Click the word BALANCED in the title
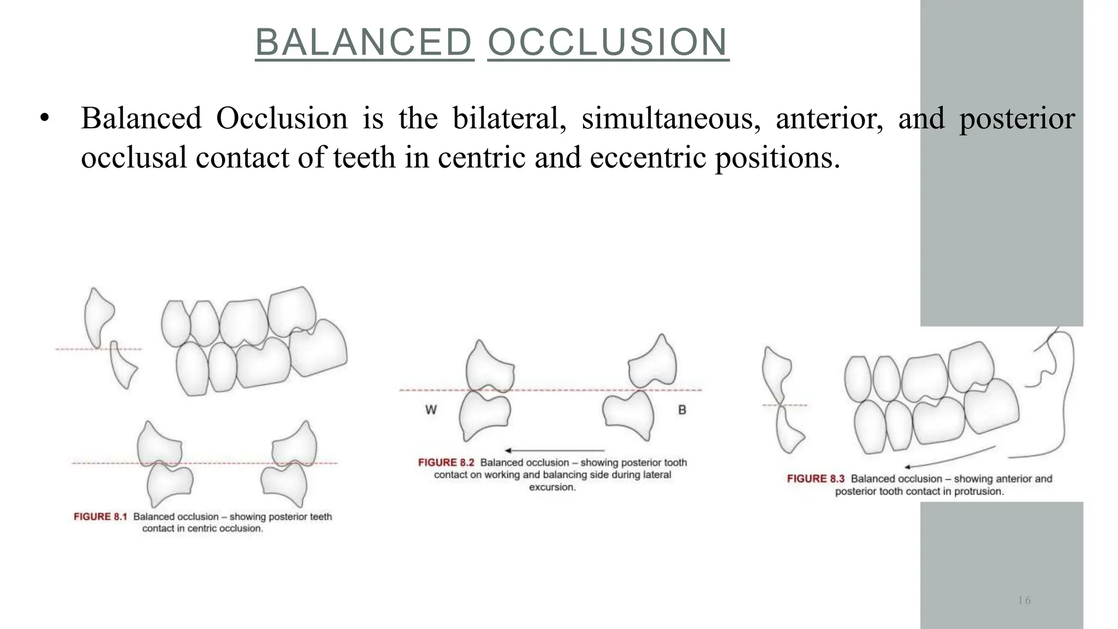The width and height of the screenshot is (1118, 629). (x=364, y=43)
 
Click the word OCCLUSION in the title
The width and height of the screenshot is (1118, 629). (x=608, y=43)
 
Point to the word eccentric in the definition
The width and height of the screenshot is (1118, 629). (x=649, y=158)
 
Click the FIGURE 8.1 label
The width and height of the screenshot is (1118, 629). (x=100, y=517)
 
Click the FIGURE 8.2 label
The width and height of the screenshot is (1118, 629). (x=445, y=462)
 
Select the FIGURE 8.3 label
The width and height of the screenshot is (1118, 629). (x=815, y=479)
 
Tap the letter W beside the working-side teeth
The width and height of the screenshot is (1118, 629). (x=431, y=410)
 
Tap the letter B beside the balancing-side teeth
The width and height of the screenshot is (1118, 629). (x=682, y=410)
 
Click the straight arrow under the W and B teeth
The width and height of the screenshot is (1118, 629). (x=554, y=450)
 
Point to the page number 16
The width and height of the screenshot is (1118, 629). (x=1024, y=601)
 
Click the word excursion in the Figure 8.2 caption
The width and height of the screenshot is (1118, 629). (x=552, y=487)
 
